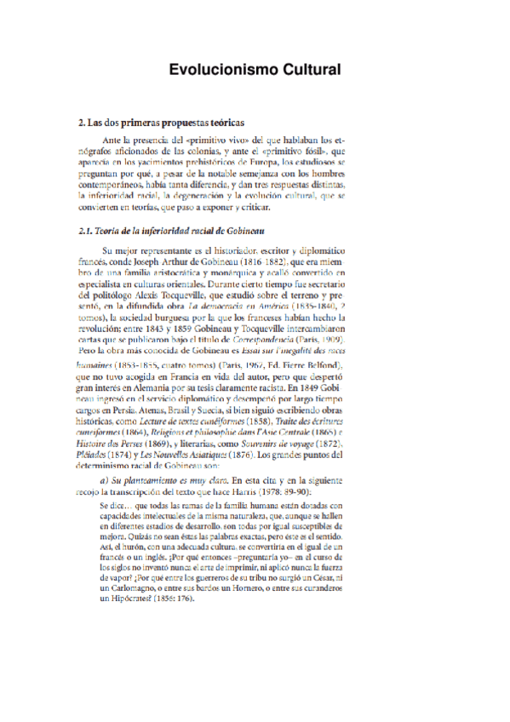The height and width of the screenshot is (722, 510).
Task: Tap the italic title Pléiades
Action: coord(94,456)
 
